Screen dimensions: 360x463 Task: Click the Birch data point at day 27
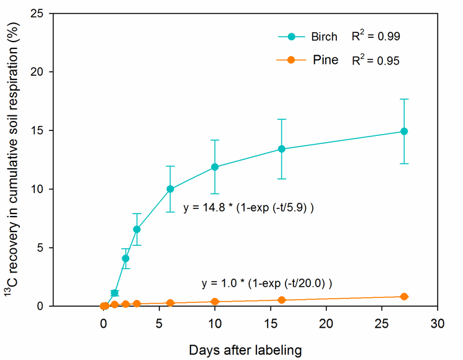[404, 131]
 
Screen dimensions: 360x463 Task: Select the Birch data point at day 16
[281, 149]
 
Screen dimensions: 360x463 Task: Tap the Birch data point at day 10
[215, 167]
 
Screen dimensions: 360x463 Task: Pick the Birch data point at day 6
[170, 189]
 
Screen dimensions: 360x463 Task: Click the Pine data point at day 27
[404, 297]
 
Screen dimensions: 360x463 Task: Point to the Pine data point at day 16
[281, 300]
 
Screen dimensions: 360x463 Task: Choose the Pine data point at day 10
[215, 302]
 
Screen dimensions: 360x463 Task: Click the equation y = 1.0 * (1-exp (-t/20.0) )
[267, 283]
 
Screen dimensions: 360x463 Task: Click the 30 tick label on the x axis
[438, 323]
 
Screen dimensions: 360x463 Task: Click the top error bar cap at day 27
[404, 99]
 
